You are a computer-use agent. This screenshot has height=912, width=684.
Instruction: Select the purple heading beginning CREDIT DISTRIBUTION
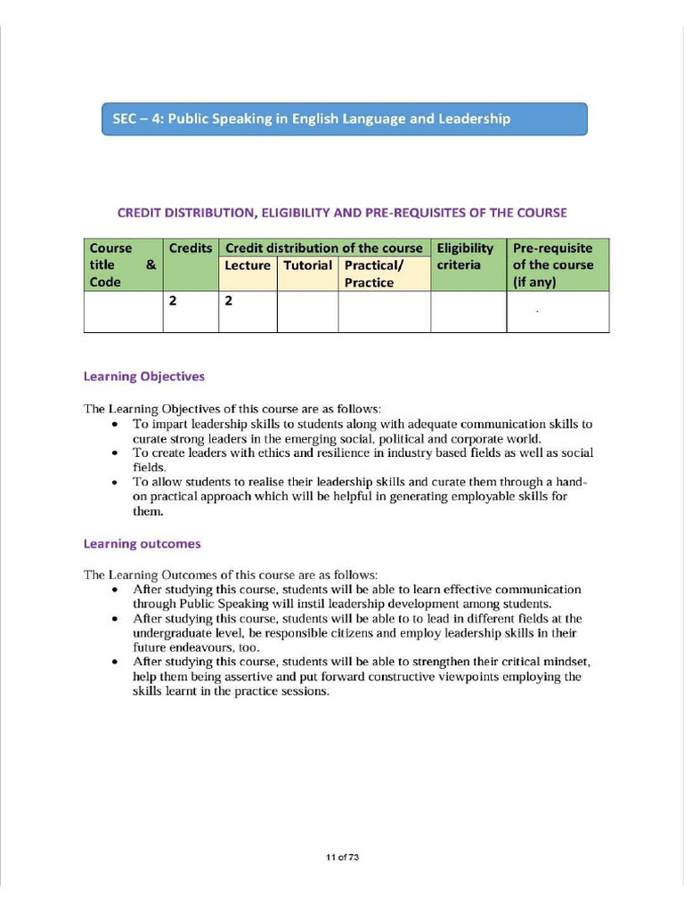(x=342, y=213)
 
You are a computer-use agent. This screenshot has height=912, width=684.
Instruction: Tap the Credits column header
(x=191, y=248)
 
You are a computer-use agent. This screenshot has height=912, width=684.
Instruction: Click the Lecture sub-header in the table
(x=248, y=265)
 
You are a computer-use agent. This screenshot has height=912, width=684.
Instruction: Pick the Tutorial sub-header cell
(x=307, y=265)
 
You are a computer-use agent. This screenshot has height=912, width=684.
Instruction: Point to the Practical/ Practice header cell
(x=383, y=273)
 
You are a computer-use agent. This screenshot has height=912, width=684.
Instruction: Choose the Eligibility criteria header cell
(x=465, y=256)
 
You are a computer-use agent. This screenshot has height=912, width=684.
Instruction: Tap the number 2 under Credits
(x=173, y=301)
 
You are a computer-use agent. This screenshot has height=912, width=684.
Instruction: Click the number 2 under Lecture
(x=228, y=301)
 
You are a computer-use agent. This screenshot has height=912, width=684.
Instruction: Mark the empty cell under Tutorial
(x=307, y=312)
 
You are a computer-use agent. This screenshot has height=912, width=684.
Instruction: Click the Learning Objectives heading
(x=143, y=377)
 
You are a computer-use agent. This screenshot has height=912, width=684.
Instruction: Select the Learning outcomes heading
(x=142, y=543)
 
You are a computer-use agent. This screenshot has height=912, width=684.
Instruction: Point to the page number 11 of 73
(x=342, y=858)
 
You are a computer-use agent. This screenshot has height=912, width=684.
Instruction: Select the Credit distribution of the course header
(x=323, y=248)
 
